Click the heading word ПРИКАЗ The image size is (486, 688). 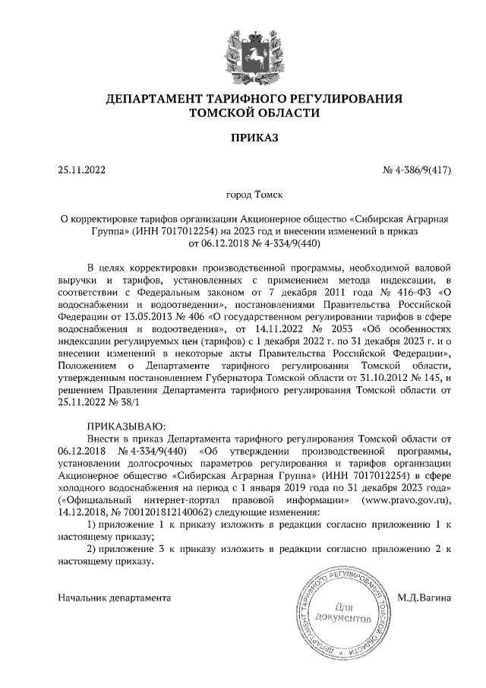click(x=242, y=138)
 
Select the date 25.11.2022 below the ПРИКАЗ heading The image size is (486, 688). click(x=82, y=170)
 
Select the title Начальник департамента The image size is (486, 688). click(x=114, y=598)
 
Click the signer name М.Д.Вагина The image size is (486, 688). click(x=425, y=598)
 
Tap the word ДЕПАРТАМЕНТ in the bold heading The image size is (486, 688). click(x=151, y=99)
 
